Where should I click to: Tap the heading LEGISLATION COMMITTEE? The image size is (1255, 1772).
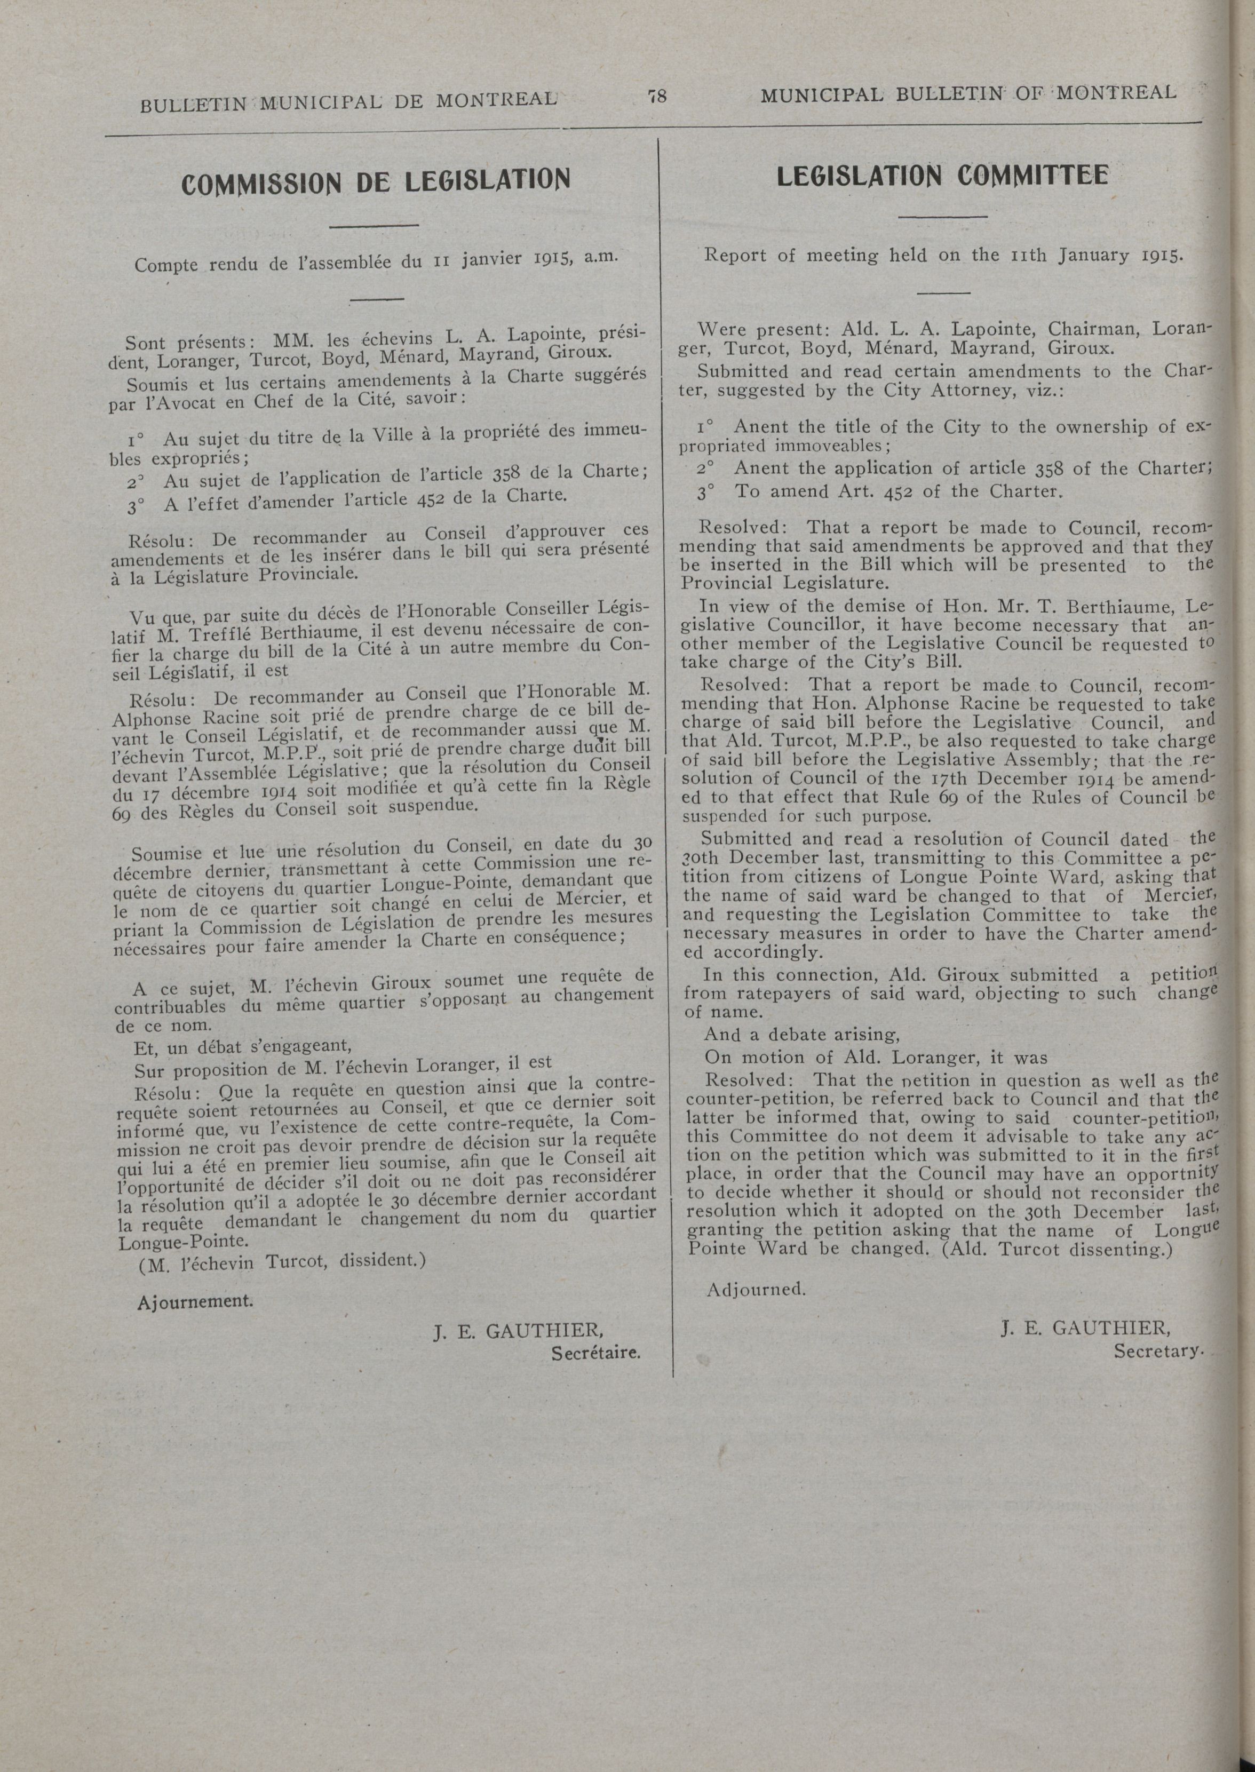click(x=942, y=176)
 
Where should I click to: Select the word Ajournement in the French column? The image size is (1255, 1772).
click(x=195, y=1301)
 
